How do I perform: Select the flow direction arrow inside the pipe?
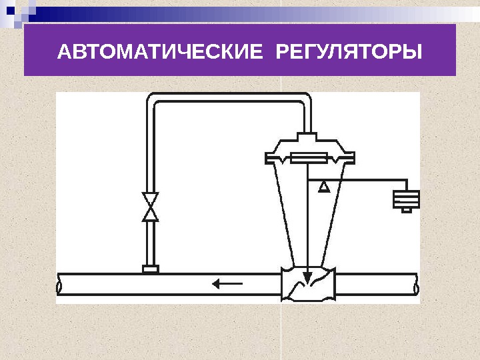pos(227,284)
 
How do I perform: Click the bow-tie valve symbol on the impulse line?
pos(151,207)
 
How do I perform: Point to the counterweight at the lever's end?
pos(406,199)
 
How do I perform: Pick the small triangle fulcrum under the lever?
pos(324,186)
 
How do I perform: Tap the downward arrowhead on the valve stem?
pos(307,275)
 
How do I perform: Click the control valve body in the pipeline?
pos(307,284)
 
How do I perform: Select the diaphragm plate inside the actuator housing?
pos(307,158)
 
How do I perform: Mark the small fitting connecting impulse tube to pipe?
pos(151,269)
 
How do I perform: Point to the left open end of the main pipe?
pos(60,285)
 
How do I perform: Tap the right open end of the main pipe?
pos(416,285)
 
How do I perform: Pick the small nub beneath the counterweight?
pos(406,211)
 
